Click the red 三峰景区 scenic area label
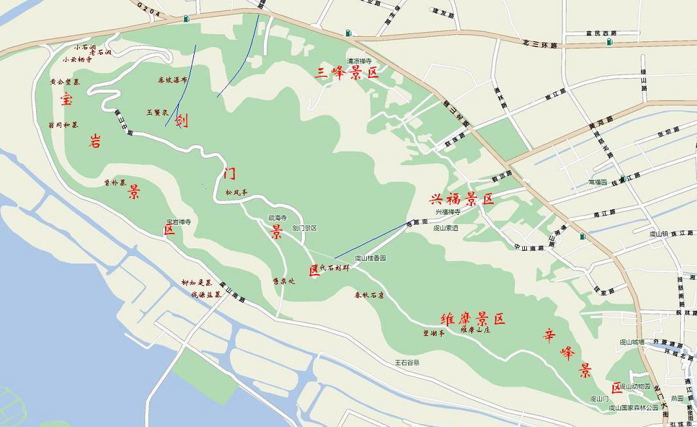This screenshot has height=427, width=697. pyautogui.click(x=346, y=72)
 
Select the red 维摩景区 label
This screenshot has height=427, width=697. pyautogui.click(x=473, y=319)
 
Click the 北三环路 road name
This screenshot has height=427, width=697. pyautogui.click(x=540, y=43)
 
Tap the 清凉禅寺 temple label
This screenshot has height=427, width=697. pyautogui.click(x=360, y=61)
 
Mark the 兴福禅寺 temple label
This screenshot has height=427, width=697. pyautogui.click(x=447, y=212)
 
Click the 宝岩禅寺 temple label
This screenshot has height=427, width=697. pyautogui.click(x=179, y=221)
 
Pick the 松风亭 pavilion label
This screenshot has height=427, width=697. pyautogui.click(x=236, y=192)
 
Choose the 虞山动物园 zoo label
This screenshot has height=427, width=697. pyautogui.click(x=635, y=386)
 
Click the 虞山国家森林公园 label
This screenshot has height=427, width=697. pyautogui.click(x=634, y=408)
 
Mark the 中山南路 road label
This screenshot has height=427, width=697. pyautogui.click(x=529, y=247)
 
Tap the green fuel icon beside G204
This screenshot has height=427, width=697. pyautogui.click(x=186, y=19)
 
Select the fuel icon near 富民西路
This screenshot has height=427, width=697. pyautogui.click(x=609, y=42)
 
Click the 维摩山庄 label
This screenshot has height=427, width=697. pyautogui.click(x=475, y=330)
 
